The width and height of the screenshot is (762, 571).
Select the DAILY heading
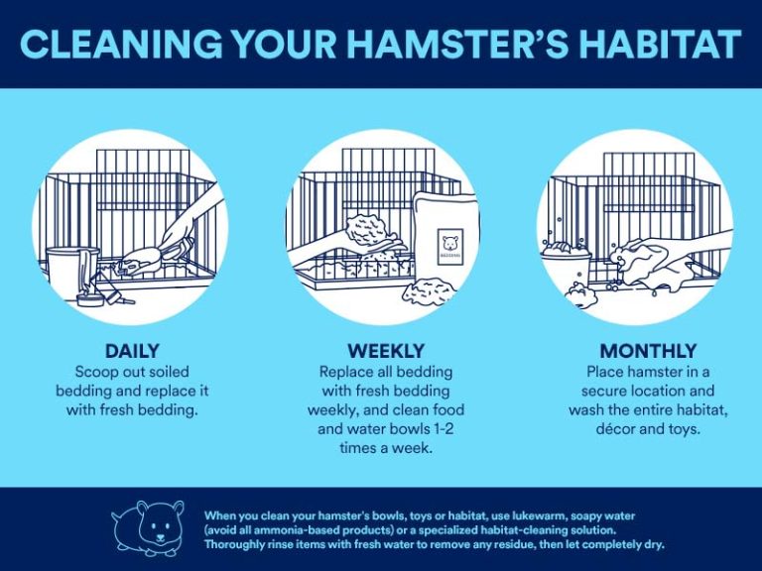pyautogui.click(x=132, y=351)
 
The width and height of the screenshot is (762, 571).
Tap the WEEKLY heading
pyautogui.click(x=386, y=351)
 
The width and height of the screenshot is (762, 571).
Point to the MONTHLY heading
pyautogui.click(x=648, y=351)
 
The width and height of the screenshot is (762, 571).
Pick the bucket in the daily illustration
pyautogui.click(x=70, y=271)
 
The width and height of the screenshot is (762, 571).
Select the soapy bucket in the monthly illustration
pyautogui.click(x=566, y=265)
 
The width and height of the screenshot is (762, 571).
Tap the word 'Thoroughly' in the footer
pyautogui.click(x=239, y=545)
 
